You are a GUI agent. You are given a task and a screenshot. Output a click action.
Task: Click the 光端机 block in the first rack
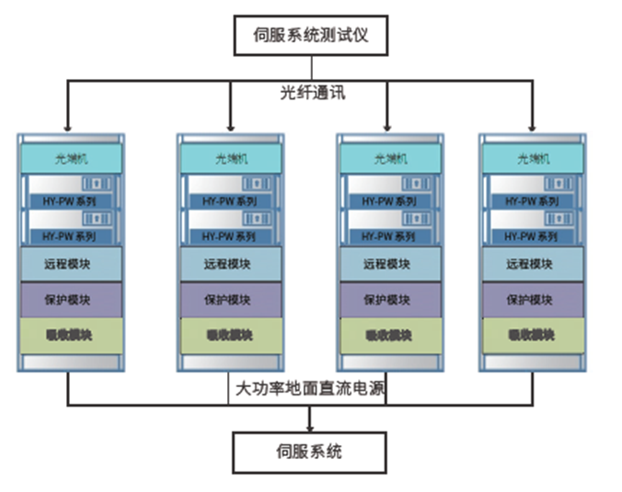tap(70, 157)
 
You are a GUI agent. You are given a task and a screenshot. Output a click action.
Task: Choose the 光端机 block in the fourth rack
tap(532, 157)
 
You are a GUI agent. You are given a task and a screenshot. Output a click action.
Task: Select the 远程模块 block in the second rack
tap(230, 264)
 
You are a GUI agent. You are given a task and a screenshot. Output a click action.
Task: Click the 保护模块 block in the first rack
tap(70, 300)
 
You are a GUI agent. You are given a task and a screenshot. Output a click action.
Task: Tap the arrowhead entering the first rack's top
tap(67, 126)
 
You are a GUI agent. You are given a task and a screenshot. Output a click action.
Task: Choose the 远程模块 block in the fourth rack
tap(532, 264)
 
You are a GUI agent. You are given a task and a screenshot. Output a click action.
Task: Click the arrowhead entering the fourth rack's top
tap(533, 126)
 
